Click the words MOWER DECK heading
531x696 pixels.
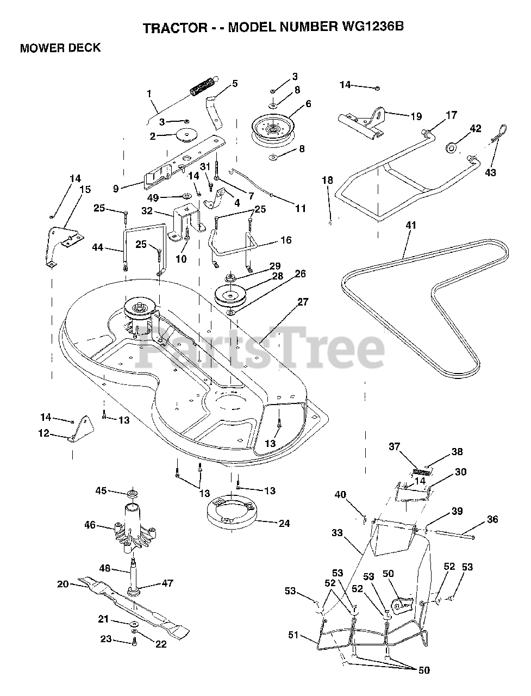[60, 48]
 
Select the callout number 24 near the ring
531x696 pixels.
[283, 524]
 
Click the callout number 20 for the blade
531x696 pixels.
[63, 584]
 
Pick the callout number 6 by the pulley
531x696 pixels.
[308, 103]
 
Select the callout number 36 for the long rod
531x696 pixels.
[492, 519]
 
